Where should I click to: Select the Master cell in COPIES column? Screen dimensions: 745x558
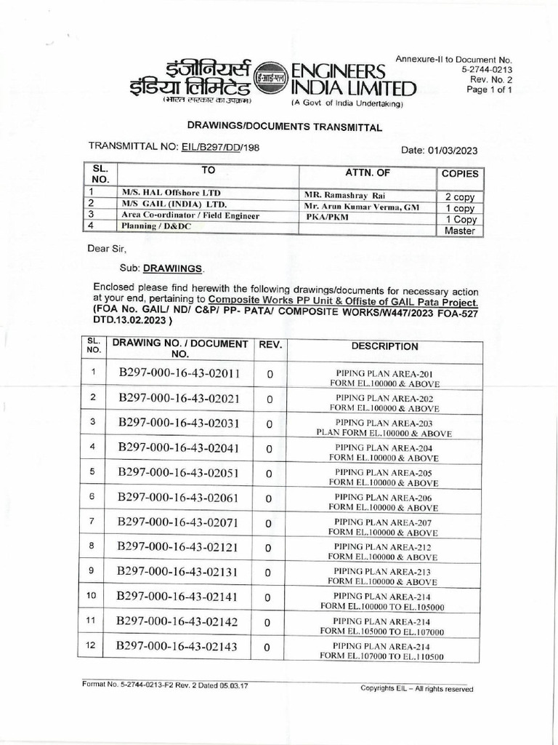click(x=459, y=231)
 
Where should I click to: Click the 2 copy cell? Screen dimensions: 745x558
click(x=459, y=197)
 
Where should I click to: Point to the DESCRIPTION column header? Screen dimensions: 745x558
click(x=384, y=346)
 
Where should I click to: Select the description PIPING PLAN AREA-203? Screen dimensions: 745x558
click(x=384, y=423)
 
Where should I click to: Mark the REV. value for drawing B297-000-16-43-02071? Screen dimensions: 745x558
click(x=269, y=522)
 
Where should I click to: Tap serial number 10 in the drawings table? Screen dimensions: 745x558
click(x=92, y=596)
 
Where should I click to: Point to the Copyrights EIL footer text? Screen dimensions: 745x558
click(x=416, y=689)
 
